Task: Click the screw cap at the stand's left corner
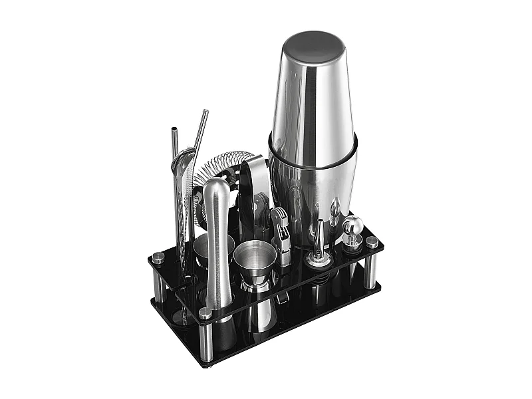[x=158, y=257]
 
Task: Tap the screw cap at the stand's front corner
[x=206, y=312]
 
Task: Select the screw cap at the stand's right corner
[x=372, y=242]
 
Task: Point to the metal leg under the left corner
[x=160, y=286]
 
